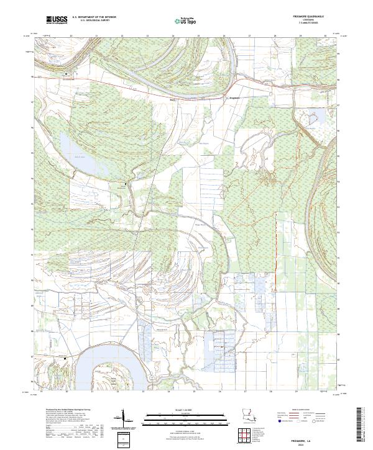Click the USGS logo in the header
57,20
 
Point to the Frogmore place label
235,97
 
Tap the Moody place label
173,98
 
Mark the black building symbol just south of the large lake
126,184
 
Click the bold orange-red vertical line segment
275,248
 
